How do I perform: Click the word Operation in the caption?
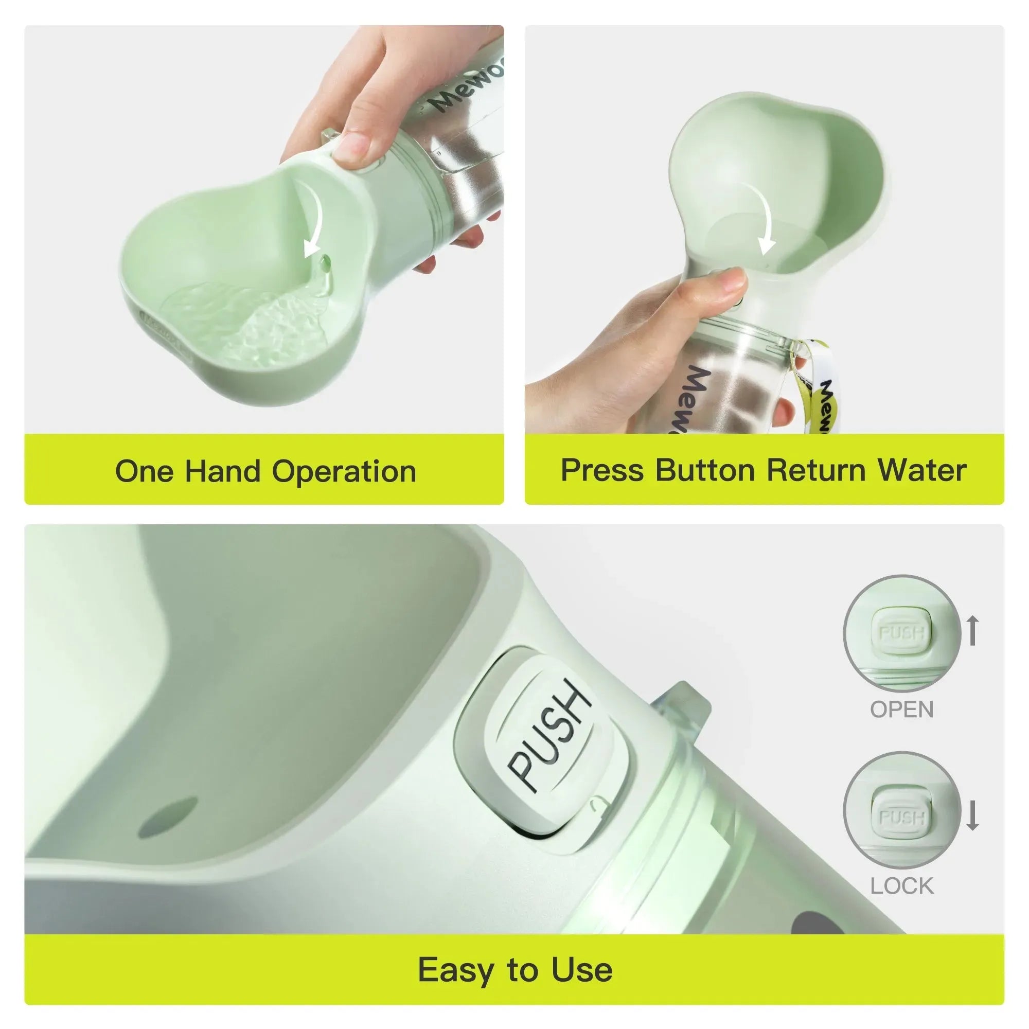pyautogui.click(x=344, y=472)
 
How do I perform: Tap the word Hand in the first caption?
pyautogui.click(x=223, y=472)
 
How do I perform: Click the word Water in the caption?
pyautogui.click(x=922, y=471)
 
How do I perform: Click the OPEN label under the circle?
pyautogui.click(x=902, y=709)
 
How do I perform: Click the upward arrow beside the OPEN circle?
pyautogui.click(x=972, y=630)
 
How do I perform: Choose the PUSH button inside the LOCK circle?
pyautogui.click(x=901, y=817)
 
